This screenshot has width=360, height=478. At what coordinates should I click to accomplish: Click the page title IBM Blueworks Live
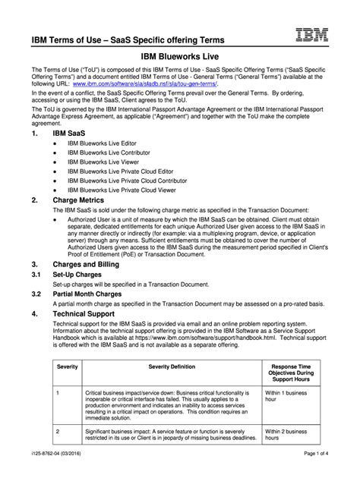tap(179, 56)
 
